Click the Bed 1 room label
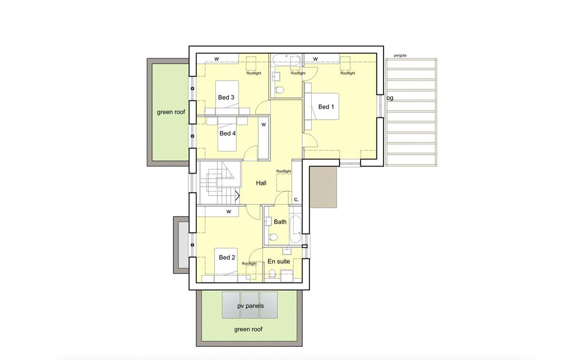326,107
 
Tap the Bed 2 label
227,258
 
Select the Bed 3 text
226,97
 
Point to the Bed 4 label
228,133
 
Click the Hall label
261,183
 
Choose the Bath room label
280,222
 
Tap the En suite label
279,262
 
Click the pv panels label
251,306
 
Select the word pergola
400,56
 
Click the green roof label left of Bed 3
171,112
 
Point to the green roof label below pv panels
248,329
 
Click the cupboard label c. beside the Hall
296,200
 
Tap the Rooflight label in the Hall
284,171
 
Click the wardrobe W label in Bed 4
263,125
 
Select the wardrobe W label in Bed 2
229,212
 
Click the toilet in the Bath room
273,237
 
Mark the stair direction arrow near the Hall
237,195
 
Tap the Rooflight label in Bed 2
250,263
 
